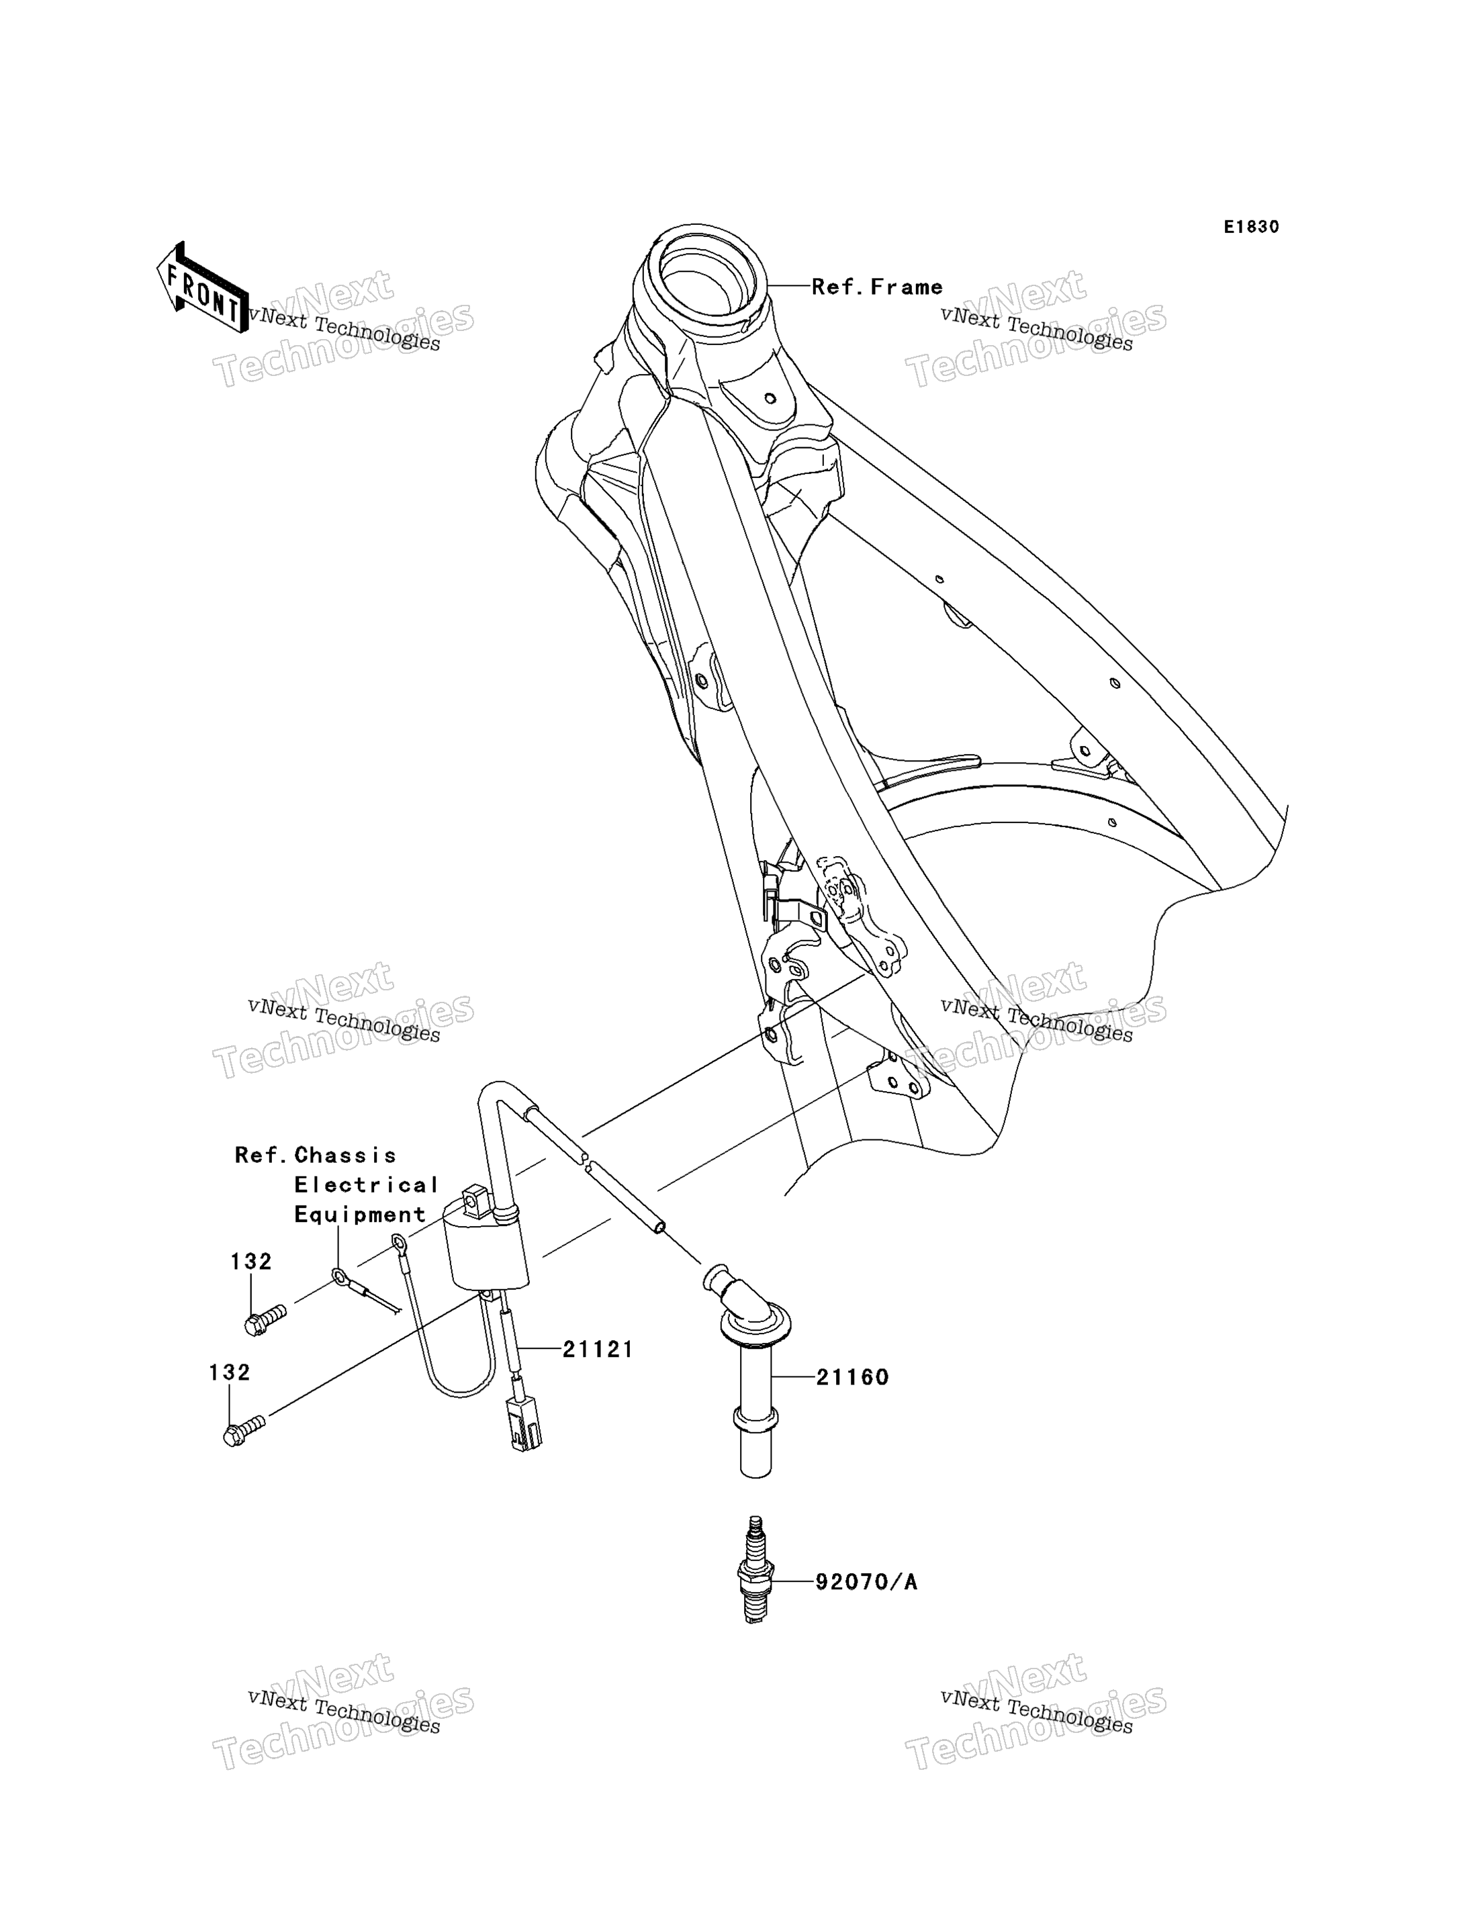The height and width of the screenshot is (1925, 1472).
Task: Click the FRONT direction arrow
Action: (201, 287)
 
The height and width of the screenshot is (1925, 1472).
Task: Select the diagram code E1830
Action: (1251, 227)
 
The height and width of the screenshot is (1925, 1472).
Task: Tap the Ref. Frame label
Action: (877, 287)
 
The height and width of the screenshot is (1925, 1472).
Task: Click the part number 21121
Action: (598, 1350)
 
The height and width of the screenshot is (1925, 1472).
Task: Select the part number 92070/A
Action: (866, 1583)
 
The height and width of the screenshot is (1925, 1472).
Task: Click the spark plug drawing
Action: (753, 1569)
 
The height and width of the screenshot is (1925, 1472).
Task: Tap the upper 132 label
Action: (251, 1262)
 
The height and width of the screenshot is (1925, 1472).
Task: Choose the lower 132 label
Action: (230, 1373)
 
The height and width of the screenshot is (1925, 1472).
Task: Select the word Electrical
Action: (366, 1186)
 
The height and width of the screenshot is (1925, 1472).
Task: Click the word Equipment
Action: (360, 1215)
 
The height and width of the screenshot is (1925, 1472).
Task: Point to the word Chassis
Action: (345, 1156)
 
